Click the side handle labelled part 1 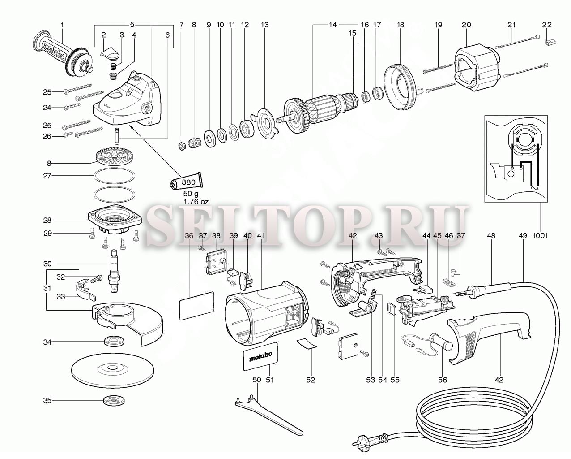(x=63, y=55)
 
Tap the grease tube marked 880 (x=186, y=182)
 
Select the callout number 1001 (x=540, y=235)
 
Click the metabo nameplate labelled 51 (x=260, y=356)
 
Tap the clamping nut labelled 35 (x=114, y=401)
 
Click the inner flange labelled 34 (x=115, y=341)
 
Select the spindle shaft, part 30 (x=114, y=271)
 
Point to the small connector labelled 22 (x=550, y=42)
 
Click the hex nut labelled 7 (x=182, y=146)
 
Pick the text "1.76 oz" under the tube (x=196, y=201)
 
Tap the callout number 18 (x=401, y=25)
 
